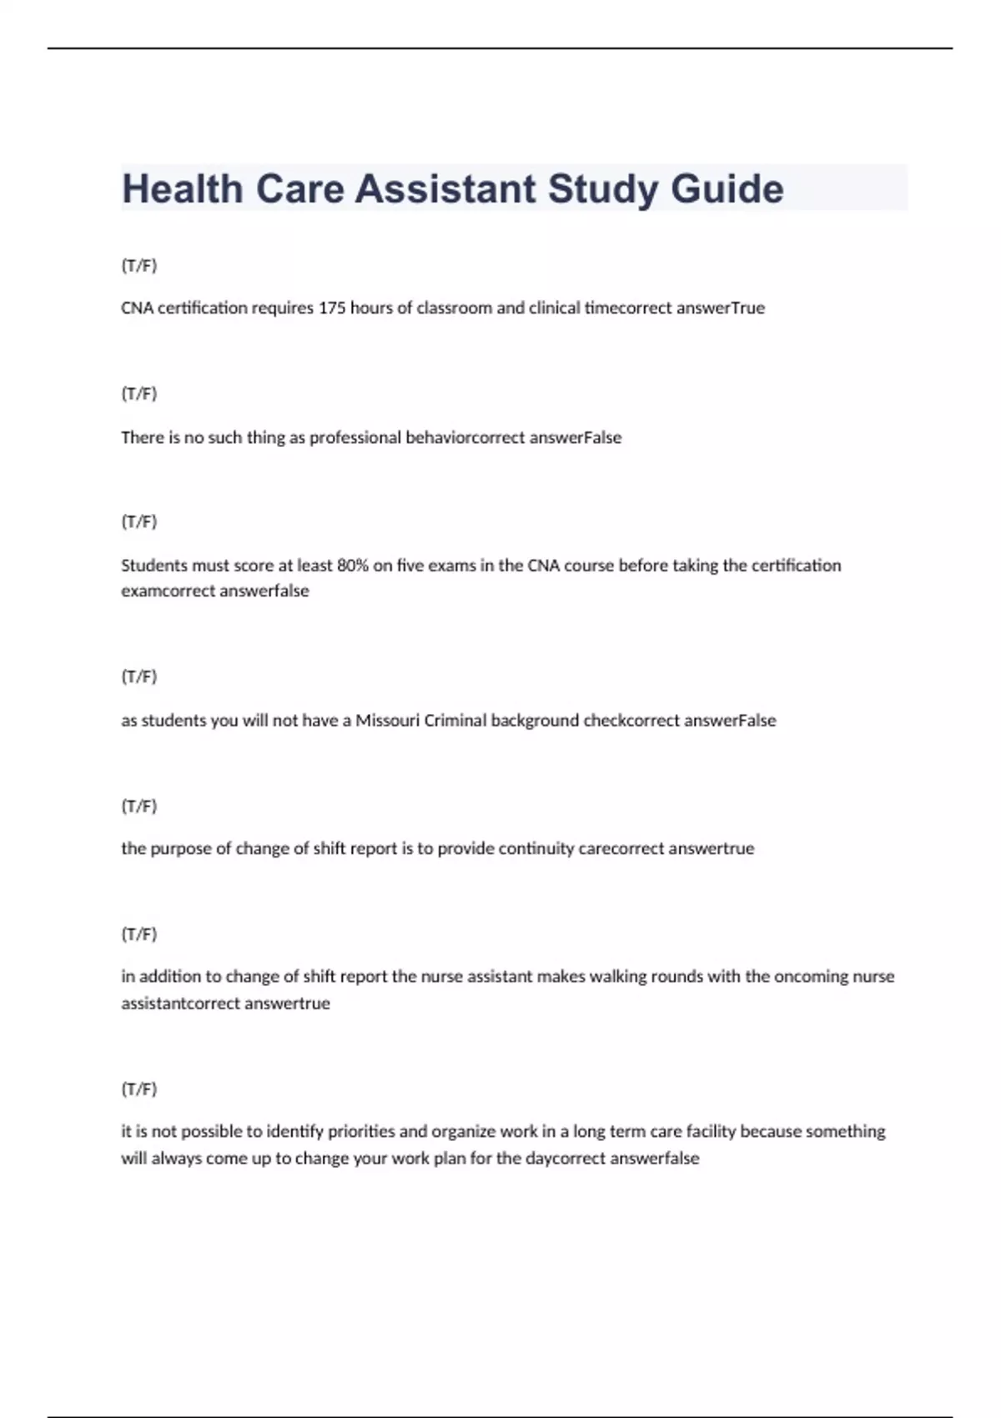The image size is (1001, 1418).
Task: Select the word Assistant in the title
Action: point(445,189)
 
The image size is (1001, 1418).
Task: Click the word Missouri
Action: point(388,721)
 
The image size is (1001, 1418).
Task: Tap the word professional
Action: point(355,438)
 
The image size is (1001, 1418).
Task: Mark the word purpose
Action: point(181,848)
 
